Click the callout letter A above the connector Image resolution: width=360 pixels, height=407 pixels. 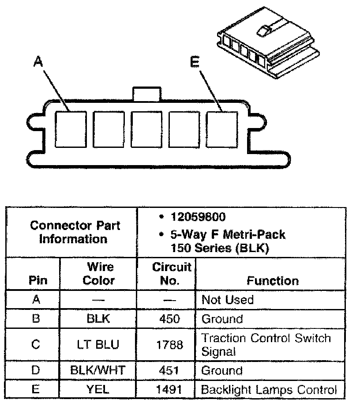click(39, 63)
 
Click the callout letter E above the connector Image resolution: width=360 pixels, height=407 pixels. click(195, 63)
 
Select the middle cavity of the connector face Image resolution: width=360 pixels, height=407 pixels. click(146, 128)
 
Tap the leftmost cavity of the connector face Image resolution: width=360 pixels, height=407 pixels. click(71, 128)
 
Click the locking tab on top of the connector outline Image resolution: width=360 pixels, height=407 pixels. click(146, 94)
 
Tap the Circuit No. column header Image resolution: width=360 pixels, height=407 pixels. click(166, 273)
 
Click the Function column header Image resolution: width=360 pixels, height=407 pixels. click(272, 281)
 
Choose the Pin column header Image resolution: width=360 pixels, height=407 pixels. click(37, 281)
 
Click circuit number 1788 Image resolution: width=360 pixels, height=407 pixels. click(170, 344)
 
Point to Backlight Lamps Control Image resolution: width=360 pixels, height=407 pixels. click(269, 389)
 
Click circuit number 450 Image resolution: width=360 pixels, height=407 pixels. click(170, 319)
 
